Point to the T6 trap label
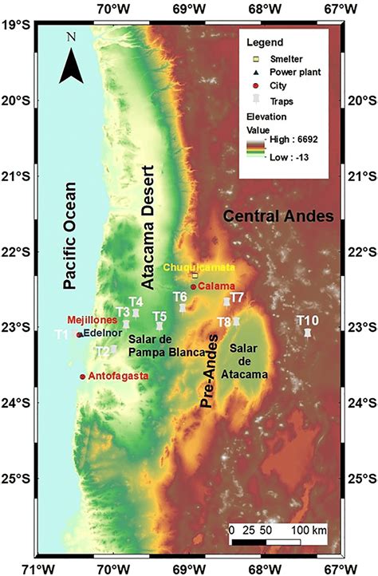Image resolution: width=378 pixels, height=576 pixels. point(181,297)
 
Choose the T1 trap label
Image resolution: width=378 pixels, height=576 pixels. point(61,333)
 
